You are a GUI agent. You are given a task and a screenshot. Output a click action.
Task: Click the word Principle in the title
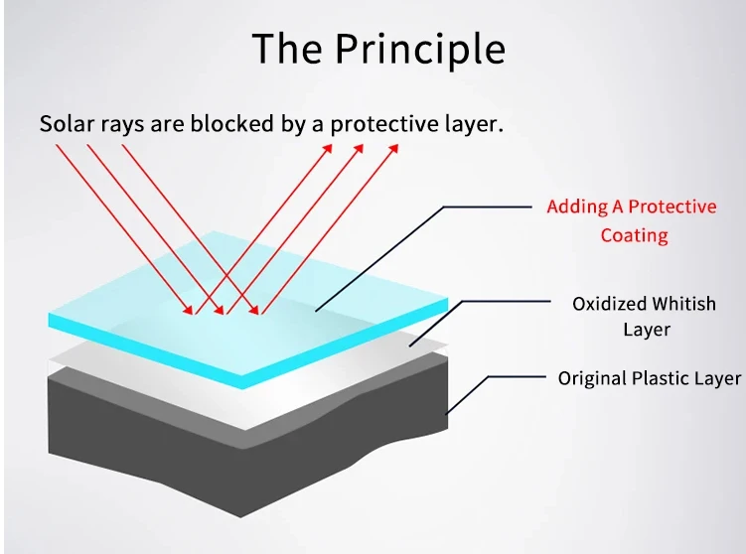419,49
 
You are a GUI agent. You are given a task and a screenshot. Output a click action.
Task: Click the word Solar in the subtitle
66,125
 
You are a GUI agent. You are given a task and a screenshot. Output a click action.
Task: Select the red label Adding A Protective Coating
631,220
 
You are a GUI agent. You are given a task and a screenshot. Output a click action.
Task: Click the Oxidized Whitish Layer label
644,316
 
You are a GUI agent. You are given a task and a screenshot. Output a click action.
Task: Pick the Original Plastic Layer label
649,378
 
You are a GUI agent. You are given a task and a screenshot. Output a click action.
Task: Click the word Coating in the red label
634,235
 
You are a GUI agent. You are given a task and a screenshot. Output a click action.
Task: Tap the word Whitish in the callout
680,304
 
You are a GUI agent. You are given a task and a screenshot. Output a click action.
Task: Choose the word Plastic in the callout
660,378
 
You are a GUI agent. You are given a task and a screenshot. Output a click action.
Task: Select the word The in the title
287,49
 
